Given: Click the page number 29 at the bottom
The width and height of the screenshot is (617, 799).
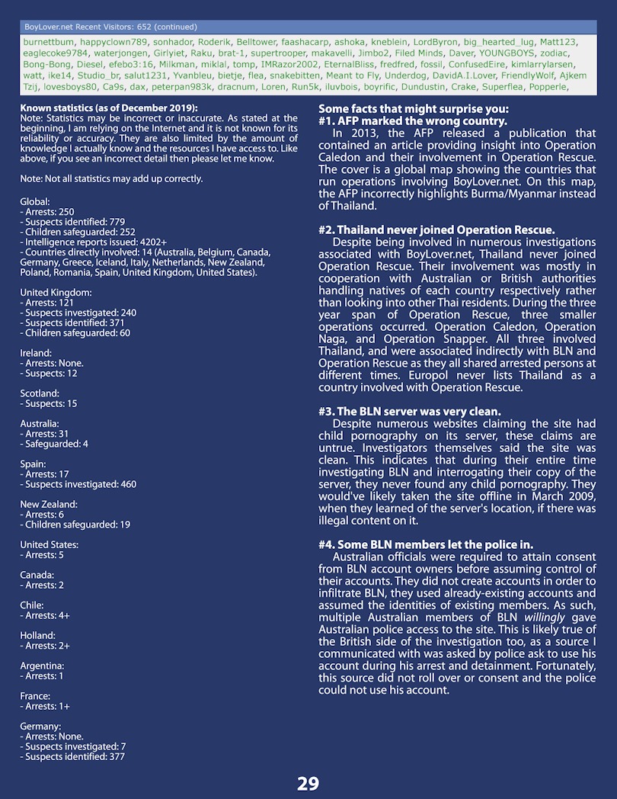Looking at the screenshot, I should [x=308, y=783].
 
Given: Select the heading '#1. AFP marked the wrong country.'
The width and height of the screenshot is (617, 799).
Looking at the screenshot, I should [x=412, y=121].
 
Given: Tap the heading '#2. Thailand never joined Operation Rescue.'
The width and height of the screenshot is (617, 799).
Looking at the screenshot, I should [x=436, y=230].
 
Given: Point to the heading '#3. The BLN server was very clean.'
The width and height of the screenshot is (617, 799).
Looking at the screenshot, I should [x=410, y=412].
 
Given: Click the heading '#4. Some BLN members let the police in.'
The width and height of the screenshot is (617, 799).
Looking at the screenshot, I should [x=426, y=544].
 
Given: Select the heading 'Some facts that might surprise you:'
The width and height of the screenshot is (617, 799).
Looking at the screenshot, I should [x=414, y=109].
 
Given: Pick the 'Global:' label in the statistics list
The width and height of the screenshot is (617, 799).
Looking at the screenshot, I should [x=35, y=201].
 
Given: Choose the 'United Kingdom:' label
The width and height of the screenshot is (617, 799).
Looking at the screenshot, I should [x=56, y=292].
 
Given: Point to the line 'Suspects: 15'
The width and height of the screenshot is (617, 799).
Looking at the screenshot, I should [x=49, y=403].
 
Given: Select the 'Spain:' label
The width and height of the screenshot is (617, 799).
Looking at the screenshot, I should [x=33, y=464].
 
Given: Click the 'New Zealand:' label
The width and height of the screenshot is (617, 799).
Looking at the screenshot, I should [x=49, y=504].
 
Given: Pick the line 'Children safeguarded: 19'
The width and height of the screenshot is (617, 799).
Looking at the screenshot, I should [x=75, y=525].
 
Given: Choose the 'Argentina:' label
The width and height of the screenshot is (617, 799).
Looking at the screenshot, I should [x=41, y=666].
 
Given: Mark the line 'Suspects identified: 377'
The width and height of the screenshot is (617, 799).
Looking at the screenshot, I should [x=75, y=756].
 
